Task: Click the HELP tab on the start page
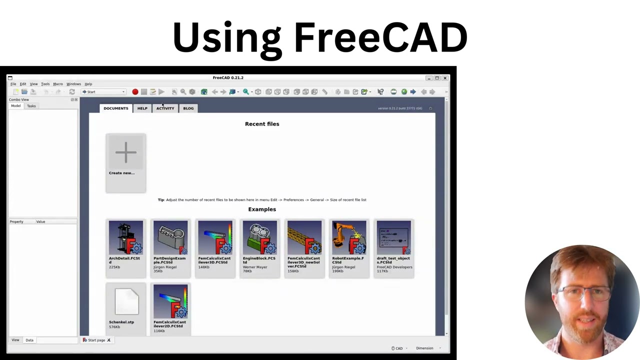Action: click(142, 108)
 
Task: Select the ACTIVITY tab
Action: click(165, 108)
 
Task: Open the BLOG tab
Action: click(188, 108)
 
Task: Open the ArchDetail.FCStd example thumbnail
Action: click(126, 238)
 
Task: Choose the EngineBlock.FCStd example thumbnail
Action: click(259, 238)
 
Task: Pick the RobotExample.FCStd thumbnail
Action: click(349, 238)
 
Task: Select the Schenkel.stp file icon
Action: click(126, 301)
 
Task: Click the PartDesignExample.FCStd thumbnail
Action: click(170, 238)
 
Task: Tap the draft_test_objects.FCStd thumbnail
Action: click(393, 238)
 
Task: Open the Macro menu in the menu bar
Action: click(58, 84)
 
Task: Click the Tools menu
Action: click(45, 84)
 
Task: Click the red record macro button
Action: click(135, 92)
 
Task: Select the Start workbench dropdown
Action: click(103, 92)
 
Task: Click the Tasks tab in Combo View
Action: click(31, 106)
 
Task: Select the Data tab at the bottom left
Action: click(29, 340)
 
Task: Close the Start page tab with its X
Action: click(108, 340)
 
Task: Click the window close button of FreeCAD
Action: click(445, 78)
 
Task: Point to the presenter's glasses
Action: click(582, 292)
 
